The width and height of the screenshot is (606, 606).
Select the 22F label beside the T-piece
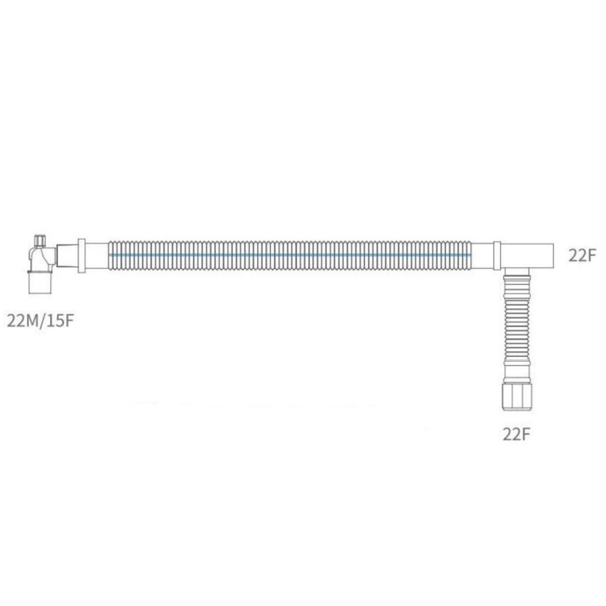pos(582,255)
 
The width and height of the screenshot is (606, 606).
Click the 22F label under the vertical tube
pos(516,433)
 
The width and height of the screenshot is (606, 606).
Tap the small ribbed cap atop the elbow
pos(40,240)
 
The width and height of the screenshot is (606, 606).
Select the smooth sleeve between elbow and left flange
pos(65,255)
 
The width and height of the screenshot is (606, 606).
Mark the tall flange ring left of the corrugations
pos(81,255)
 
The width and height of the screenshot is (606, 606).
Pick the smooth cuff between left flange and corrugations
pos(96,255)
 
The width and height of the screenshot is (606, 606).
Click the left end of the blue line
pos(109,255)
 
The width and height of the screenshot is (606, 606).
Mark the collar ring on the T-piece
pos(497,255)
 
